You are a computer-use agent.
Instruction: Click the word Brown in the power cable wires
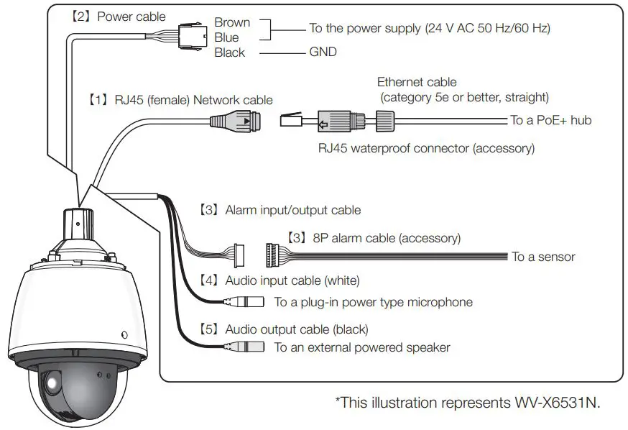231,22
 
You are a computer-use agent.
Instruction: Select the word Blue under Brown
226,37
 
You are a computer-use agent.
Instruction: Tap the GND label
323,52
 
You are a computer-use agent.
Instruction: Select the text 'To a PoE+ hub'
551,120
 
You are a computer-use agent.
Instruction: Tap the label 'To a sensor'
543,256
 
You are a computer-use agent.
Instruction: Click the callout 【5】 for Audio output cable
208,329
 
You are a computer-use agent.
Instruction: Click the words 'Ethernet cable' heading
417,82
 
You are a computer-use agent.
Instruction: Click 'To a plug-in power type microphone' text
374,302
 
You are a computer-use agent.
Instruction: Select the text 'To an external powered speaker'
362,347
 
